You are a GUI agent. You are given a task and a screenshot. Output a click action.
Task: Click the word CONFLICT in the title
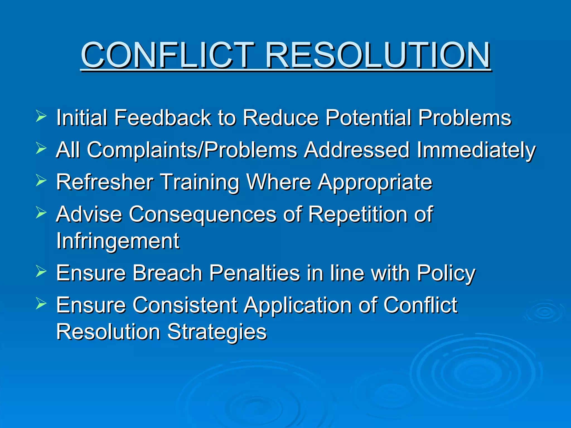[167, 55]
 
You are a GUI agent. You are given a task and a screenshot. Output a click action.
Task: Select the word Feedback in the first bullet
[162, 118]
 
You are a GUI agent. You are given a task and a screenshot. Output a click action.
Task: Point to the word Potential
[368, 118]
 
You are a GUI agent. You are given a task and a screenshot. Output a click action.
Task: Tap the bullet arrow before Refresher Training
[41, 181]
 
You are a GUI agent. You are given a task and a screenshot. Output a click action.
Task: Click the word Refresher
[105, 182]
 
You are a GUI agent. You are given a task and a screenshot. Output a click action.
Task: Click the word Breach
[167, 273]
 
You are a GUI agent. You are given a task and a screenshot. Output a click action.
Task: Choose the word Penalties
[254, 273]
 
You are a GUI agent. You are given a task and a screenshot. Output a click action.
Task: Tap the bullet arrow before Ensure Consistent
[41, 304]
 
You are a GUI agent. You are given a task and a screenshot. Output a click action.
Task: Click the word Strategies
[217, 332]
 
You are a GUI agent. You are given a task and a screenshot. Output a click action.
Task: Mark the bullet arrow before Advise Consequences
[41, 213]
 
